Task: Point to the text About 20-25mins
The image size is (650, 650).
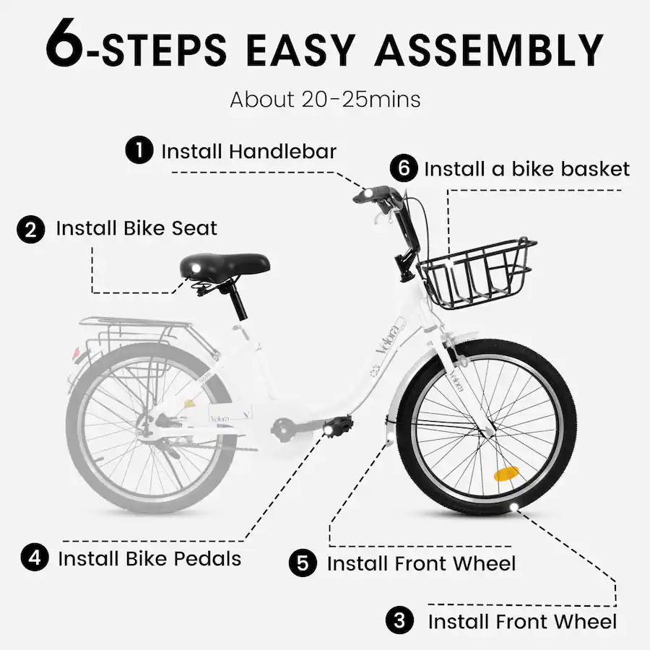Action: tap(325, 99)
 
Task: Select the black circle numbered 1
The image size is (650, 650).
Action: tap(139, 151)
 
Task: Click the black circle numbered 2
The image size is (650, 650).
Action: tap(31, 229)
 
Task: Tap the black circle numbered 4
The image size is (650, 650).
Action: tap(35, 558)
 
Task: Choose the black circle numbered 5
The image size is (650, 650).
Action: tap(303, 563)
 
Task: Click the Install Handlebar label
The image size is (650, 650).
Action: tap(248, 152)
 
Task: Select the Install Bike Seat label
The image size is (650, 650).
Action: tap(136, 229)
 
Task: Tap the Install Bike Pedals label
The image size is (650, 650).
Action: tap(149, 558)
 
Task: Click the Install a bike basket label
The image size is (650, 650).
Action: tap(526, 170)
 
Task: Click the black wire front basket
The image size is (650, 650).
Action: tap(477, 275)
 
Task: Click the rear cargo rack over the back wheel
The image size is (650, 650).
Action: tap(130, 332)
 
